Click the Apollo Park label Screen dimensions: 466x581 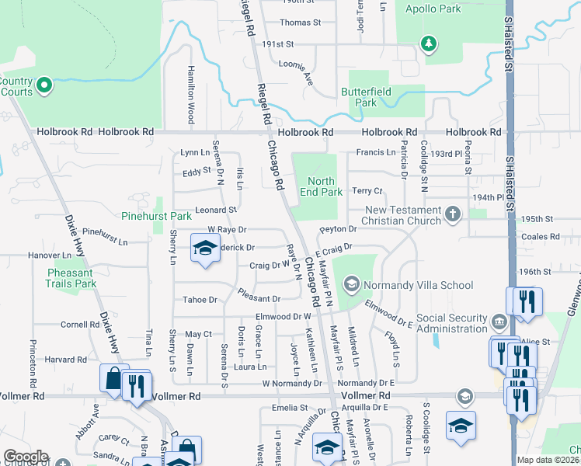click(433, 9)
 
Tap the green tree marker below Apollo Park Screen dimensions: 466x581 click(428, 43)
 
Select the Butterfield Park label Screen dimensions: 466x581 click(359, 97)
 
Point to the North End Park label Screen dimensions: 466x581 click(320, 186)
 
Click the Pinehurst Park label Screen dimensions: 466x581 click(156, 216)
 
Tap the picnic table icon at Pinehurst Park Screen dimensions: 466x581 click(141, 200)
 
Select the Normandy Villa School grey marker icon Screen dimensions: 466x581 click(351, 285)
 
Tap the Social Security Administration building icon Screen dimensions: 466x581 click(498, 320)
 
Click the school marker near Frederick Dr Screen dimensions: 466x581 click(204, 250)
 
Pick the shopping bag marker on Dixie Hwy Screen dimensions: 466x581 click(113, 379)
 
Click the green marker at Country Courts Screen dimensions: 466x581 click(44, 85)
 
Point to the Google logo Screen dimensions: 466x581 click(26, 456)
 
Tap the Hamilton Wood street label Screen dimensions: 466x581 click(190, 94)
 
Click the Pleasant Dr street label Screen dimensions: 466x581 click(259, 298)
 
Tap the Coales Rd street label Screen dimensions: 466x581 click(541, 237)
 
